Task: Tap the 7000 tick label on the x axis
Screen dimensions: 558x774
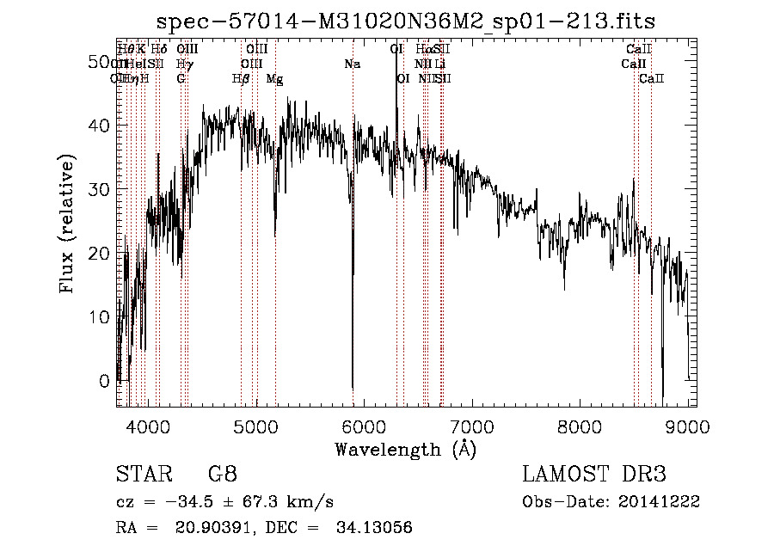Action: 472,426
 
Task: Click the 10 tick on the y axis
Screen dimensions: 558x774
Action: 101,316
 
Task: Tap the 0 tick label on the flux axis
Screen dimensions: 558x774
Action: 105,380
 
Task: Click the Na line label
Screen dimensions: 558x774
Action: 352,64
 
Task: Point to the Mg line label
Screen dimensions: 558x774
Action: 274,78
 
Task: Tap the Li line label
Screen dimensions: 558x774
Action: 439,64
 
